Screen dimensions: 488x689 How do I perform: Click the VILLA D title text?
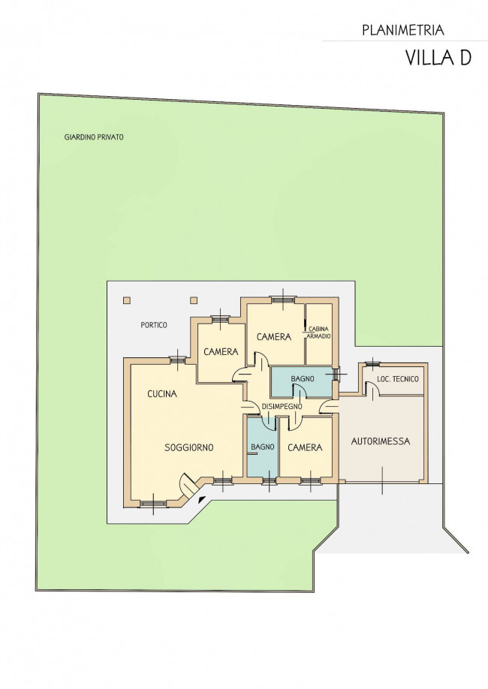[438, 58]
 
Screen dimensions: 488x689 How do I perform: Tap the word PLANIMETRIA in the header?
[403, 30]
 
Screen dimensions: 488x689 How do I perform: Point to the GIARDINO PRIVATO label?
[94, 137]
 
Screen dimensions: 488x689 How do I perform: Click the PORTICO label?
[154, 325]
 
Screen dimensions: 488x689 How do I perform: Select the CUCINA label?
[162, 394]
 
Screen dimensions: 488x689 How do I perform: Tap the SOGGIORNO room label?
[189, 447]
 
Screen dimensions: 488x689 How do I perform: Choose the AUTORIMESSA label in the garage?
[381, 441]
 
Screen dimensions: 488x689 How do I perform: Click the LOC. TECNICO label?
[398, 379]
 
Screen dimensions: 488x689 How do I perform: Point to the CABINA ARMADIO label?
[318, 332]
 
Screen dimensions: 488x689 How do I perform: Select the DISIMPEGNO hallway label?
[282, 407]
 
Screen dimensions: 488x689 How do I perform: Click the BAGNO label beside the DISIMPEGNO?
[303, 378]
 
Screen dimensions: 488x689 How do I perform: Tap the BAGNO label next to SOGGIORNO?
[263, 447]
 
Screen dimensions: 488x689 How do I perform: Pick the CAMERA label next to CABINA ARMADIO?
[274, 336]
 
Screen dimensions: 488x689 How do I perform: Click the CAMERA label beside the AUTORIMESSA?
[305, 447]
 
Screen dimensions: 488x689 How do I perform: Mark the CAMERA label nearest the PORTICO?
[221, 351]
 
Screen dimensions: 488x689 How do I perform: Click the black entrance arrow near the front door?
[201, 499]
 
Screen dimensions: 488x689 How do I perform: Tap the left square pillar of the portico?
[127, 300]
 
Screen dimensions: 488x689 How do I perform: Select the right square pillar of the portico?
[194, 300]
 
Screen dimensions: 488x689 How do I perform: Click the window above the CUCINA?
[178, 360]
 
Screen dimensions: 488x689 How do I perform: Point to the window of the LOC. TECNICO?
[372, 363]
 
